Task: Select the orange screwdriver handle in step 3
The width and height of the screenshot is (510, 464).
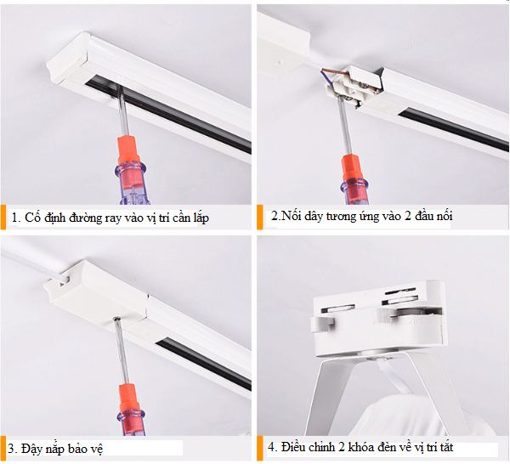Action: pyautogui.click(x=131, y=410)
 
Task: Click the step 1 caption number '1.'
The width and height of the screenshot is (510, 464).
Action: pyautogui.click(x=16, y=218)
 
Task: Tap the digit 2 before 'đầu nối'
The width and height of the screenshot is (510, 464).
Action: pyautogui.click(x=408, y=216)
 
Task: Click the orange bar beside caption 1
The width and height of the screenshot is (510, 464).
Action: pyautogui.click(x=3, y=217)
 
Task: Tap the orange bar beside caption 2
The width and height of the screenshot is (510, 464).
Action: pyautogui.click(x=259, y=217)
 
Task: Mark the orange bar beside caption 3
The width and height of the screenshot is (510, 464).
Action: pyautogui.click(x=3, y=449)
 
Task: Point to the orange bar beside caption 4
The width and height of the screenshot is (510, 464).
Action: pyautogui.click(x=259, y=449)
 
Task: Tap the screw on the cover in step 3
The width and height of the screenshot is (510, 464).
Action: pyautogui.click(x=116, y=320)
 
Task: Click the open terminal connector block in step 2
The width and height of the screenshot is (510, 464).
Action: pyautogui.click(x=354, y=86)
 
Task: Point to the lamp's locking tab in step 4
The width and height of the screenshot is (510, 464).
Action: pyautogui.click(x=323, y=324)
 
